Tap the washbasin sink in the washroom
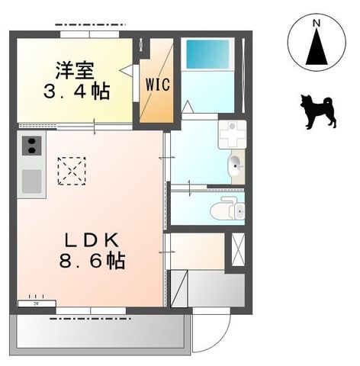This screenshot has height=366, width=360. pyautogui.click(x=235, y=163)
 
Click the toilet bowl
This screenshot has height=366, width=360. pyautogui.click(x=224, y=208)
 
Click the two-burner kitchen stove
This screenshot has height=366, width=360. pyautogui.click(x=31, y=146)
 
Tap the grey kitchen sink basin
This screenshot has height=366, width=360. pyautogui.click(x=31, y=180)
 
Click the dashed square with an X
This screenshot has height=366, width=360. pyautogui.click(x=72, y=171)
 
